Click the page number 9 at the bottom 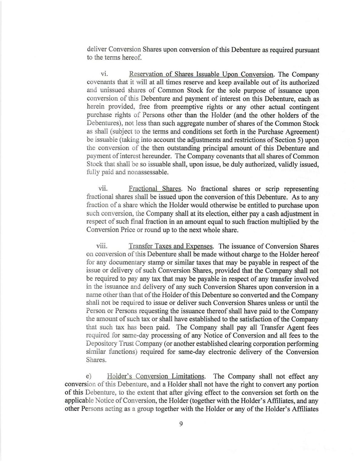(x=181, y=424)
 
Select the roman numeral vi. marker (x=104, y=74)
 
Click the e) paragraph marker (x=89, y=376)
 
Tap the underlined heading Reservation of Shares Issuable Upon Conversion (x=201, y=74)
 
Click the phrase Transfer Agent (x=287, y=327)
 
